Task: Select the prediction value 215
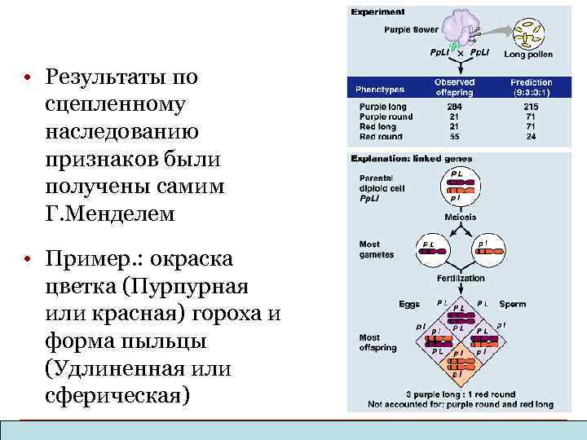coord(530,107)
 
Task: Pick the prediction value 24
coord(530,136)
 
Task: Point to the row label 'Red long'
coord(377,126)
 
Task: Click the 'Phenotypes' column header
coord(380,88)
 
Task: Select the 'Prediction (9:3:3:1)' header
coord(531,87)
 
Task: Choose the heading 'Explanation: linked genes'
coord(411,158)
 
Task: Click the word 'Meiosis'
coord(460,218)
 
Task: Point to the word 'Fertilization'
coord(461,279)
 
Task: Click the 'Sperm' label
coord(513,304)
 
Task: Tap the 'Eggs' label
coord(409,304)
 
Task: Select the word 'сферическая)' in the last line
coord(118,394)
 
